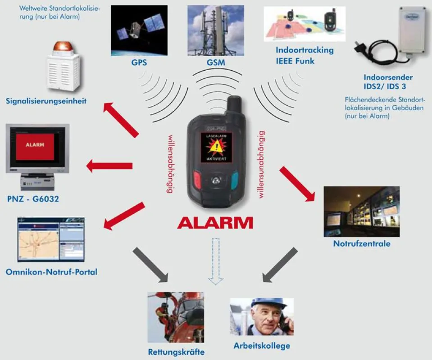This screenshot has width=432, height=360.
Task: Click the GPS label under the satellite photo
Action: click(x=139, y=63)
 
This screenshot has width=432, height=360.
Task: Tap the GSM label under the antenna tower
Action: click(x=216, y=63)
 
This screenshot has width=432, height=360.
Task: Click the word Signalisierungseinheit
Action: click(x=46, y=101)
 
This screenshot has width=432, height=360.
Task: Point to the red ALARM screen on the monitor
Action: click(x=35, y=145)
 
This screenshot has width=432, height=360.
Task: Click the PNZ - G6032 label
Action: click(x=33, y=199)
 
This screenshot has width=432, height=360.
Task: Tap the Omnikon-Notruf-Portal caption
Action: click(x=51, y=272)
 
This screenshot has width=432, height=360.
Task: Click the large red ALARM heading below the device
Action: click(x=215, y=223)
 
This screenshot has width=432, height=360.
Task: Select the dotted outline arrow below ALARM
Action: click(x=216, y=261)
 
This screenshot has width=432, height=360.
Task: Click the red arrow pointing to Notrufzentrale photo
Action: click(x=297, y=184)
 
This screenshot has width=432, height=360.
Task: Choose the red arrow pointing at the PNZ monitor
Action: click(x=109, y=166)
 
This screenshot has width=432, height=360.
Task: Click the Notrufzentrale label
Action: click(x=362, y=243)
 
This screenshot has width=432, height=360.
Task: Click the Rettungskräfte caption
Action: click(x=176, y=352)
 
